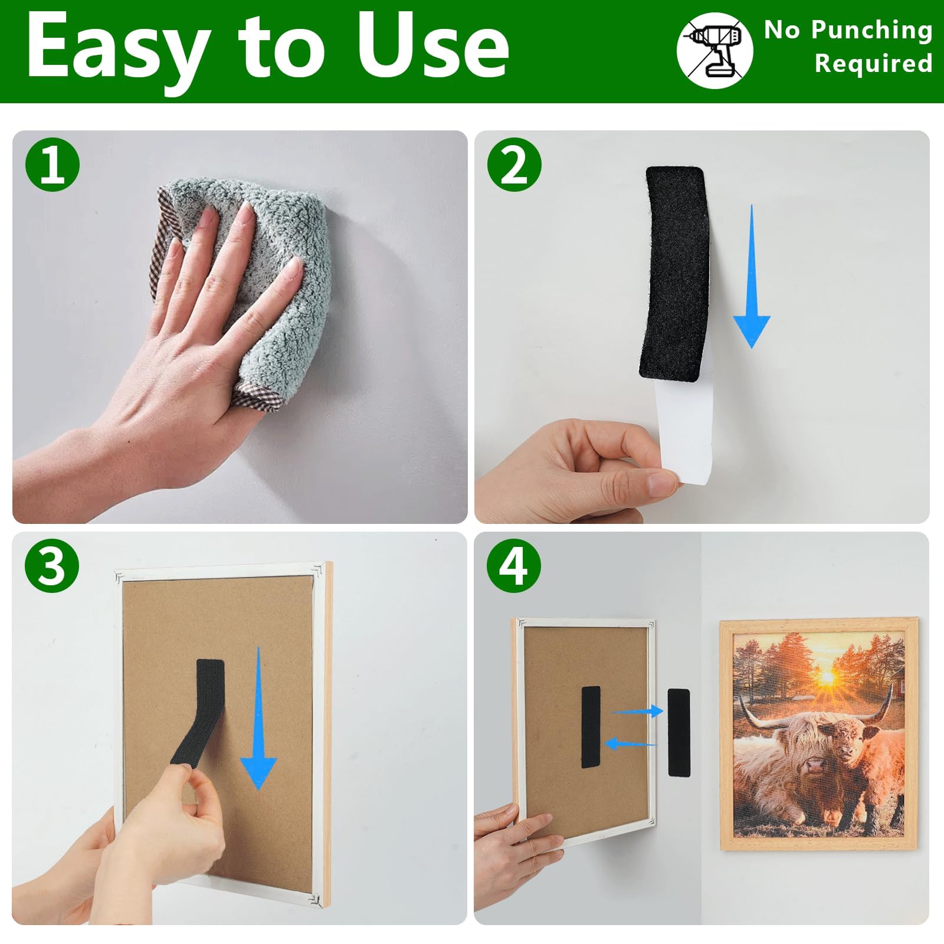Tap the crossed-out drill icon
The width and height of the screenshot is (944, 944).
714,50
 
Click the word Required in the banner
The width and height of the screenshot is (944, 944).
873,64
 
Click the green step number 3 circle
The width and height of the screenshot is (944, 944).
52,565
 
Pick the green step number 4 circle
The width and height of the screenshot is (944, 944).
514,565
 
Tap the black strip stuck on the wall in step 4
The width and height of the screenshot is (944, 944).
678,732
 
